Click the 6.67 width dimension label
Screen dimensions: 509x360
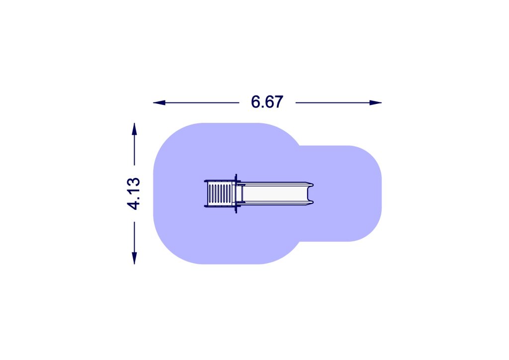267,102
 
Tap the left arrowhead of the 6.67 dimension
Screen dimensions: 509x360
159,103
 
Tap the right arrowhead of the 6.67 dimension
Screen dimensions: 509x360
376,103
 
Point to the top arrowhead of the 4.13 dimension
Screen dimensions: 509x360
134,129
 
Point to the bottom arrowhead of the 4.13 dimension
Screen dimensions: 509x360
134,258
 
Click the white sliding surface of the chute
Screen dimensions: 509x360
274,194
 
